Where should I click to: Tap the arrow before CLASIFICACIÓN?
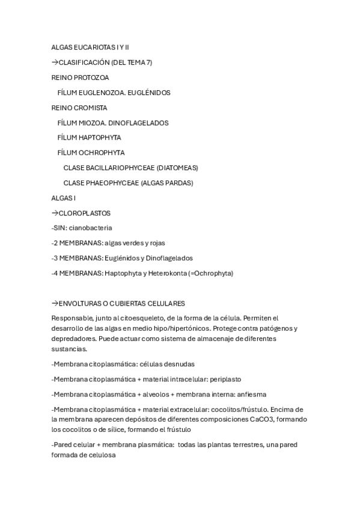point(55,63)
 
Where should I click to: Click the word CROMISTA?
point(89,108)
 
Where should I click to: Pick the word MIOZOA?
point(90,123)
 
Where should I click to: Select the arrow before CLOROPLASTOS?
point(55,213)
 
